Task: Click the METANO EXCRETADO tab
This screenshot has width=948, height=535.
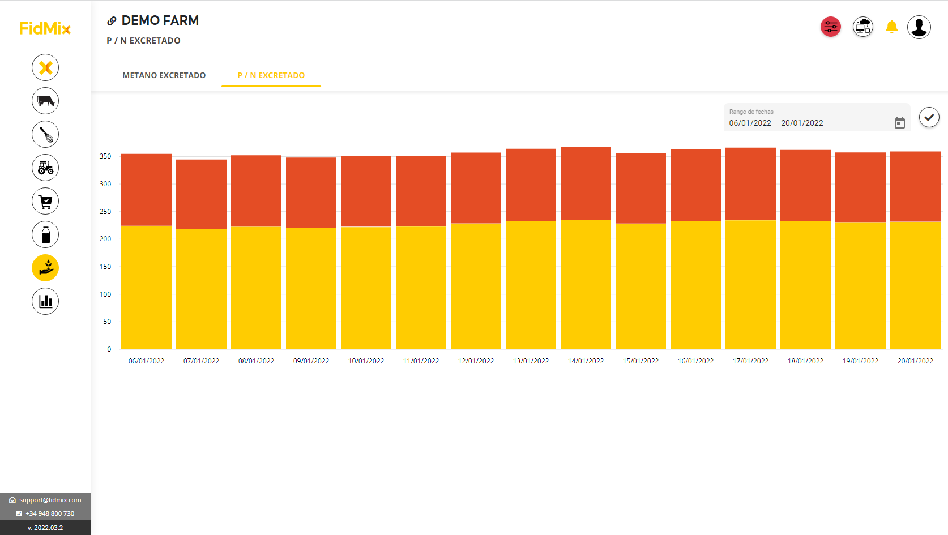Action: (x=164, y=75)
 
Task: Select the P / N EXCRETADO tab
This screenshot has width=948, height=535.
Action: (x=271, y=75)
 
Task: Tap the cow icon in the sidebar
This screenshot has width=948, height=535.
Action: (x=45, y=101)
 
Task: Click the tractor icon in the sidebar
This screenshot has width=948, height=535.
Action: (x=45, y=168)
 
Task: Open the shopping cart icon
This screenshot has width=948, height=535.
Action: (x=45, y=201)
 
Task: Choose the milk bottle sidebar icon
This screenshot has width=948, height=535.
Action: (x=45, y=234)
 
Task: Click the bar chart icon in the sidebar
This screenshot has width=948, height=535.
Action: (x=45, y=301)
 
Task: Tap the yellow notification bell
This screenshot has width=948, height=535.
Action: (x=891, y=27)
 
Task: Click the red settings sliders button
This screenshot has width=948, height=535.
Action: (x=831, y=27)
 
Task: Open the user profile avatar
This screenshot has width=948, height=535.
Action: (x=919, y=27)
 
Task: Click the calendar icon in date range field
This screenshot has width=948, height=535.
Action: (x=899, y=123)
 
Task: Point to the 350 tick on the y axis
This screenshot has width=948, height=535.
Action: (x=105, y=156)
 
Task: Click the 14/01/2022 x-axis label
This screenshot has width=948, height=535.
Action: (x=586, y=361)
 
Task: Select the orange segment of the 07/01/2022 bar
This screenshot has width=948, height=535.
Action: (x=201, y=194)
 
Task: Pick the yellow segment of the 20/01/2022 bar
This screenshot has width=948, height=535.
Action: (x=915, y=285)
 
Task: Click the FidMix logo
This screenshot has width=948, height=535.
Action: (x=45, y=28)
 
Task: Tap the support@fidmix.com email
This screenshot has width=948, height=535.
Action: (x=50, y=500)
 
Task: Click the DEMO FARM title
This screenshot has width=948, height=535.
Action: (x=160, y=20)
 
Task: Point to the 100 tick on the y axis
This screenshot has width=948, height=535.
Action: (x=105, y=294)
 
